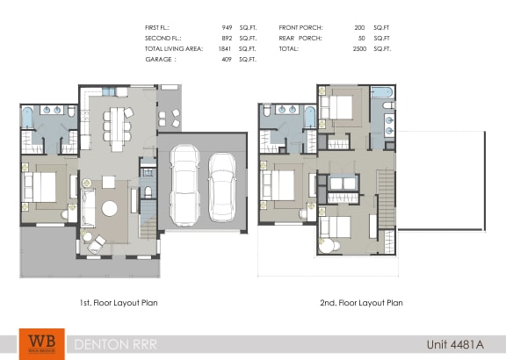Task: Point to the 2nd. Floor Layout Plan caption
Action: (x=361, y=303)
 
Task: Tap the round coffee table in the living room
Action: (x=111, y=209)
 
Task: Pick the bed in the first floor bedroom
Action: (x=40, y=186)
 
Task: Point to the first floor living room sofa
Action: (x=88, y=207)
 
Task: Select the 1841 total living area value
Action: (x=224, y=49)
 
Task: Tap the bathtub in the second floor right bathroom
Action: (x=384, y=92)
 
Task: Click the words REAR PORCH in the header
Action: (x=300, y=39)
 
